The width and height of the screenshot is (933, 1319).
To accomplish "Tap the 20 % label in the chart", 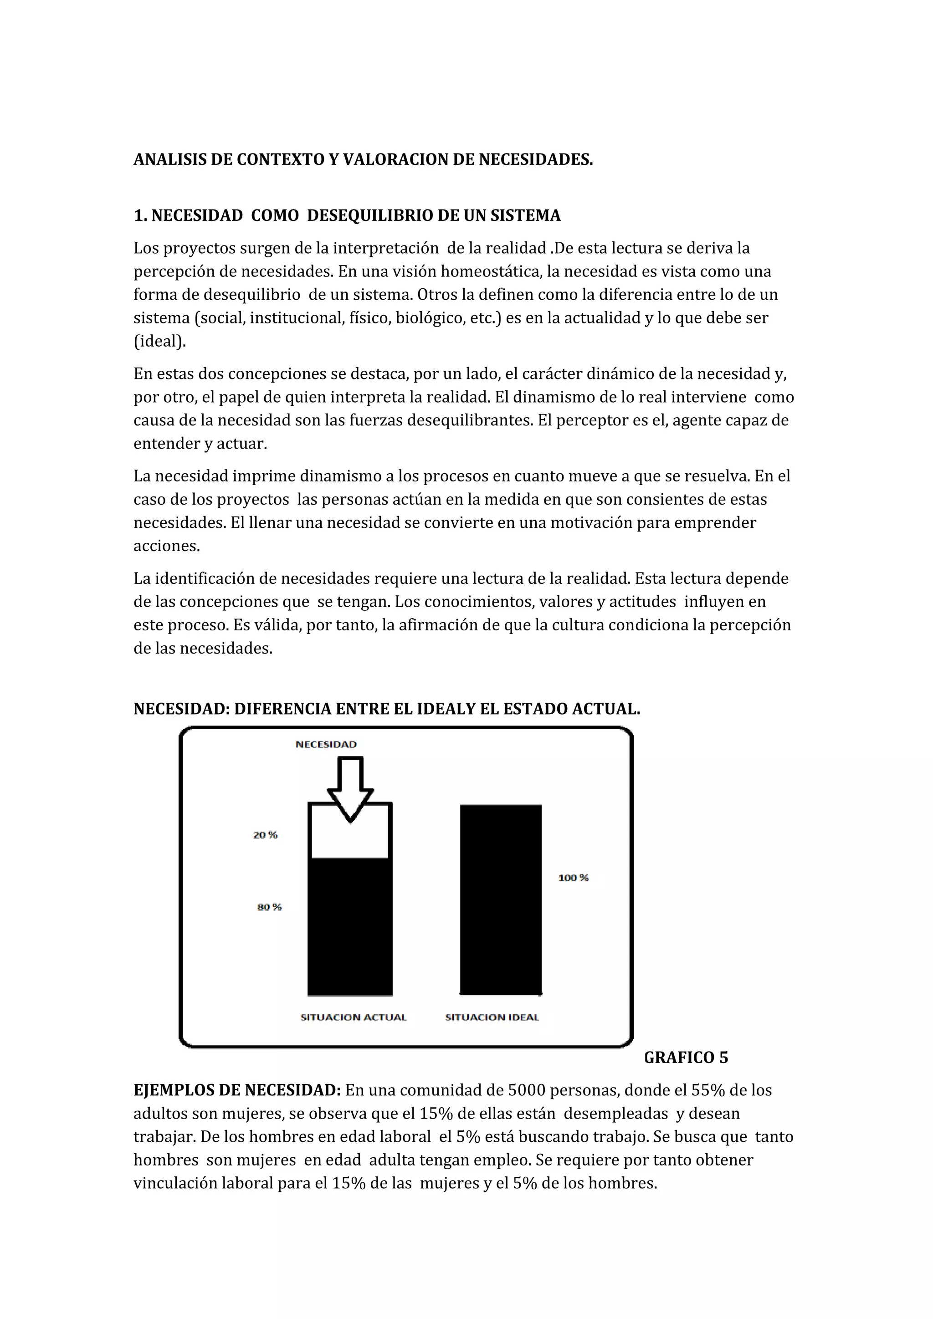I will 266,835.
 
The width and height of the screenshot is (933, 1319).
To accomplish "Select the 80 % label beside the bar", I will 269,907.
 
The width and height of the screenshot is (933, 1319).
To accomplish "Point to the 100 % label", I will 574,877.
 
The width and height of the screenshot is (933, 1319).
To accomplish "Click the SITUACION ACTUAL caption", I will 354,1017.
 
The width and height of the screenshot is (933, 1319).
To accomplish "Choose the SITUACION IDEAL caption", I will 492,1017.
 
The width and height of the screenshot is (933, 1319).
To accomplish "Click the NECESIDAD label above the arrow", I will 326,745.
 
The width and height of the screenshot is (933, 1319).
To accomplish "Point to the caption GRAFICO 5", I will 686,1058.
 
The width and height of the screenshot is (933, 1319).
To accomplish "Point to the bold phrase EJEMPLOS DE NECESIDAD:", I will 237,1090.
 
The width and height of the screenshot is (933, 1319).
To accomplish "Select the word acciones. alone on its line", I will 167,546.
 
